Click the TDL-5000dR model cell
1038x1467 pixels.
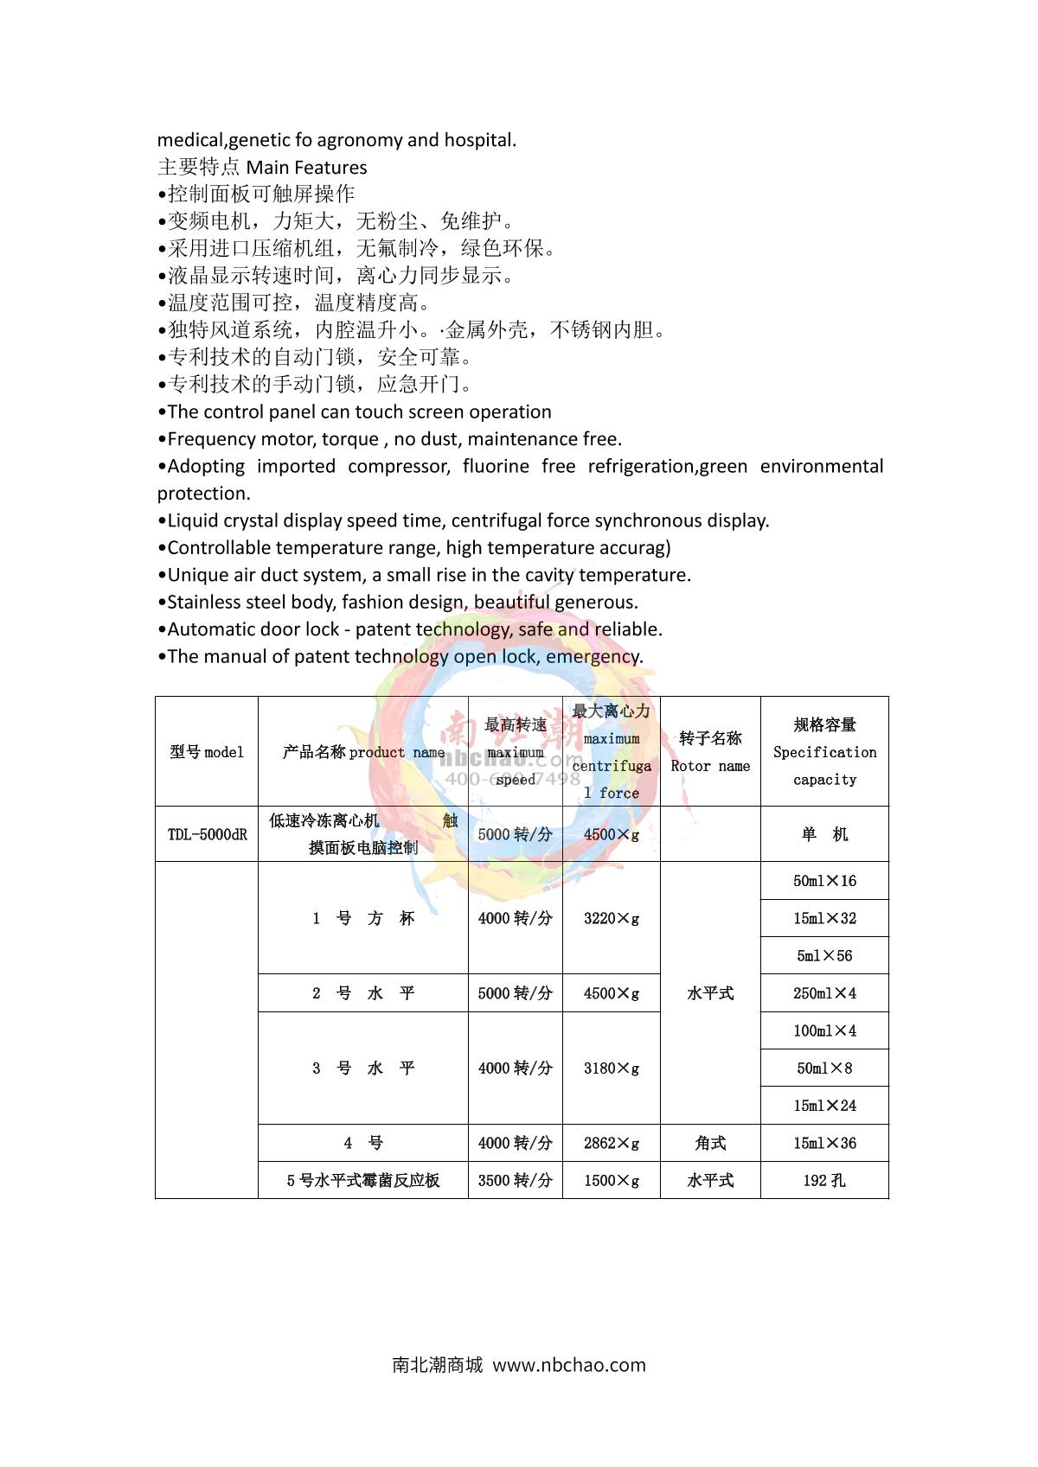click(207, 834)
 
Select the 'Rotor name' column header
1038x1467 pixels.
click(710, 751)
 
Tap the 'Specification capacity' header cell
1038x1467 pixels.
click(824, 751)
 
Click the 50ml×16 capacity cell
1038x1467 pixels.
click(824, 881)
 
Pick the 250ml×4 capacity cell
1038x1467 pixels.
click(824, 993)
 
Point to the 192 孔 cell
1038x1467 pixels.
click(824, 1180)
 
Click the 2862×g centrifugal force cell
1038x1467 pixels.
click(612, 1143)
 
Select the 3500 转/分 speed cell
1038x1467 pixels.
click(516, 1180)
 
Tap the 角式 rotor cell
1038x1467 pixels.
click(710, 1143)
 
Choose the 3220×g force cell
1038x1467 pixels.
click(612, 918)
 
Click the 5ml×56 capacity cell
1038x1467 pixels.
click(824, 955)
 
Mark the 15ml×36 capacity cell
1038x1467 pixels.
click(824, 1143)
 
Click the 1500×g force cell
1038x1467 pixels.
click(612, 1180)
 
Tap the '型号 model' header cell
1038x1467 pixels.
click(207, 751)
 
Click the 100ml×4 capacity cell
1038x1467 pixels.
click(824, 1030)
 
